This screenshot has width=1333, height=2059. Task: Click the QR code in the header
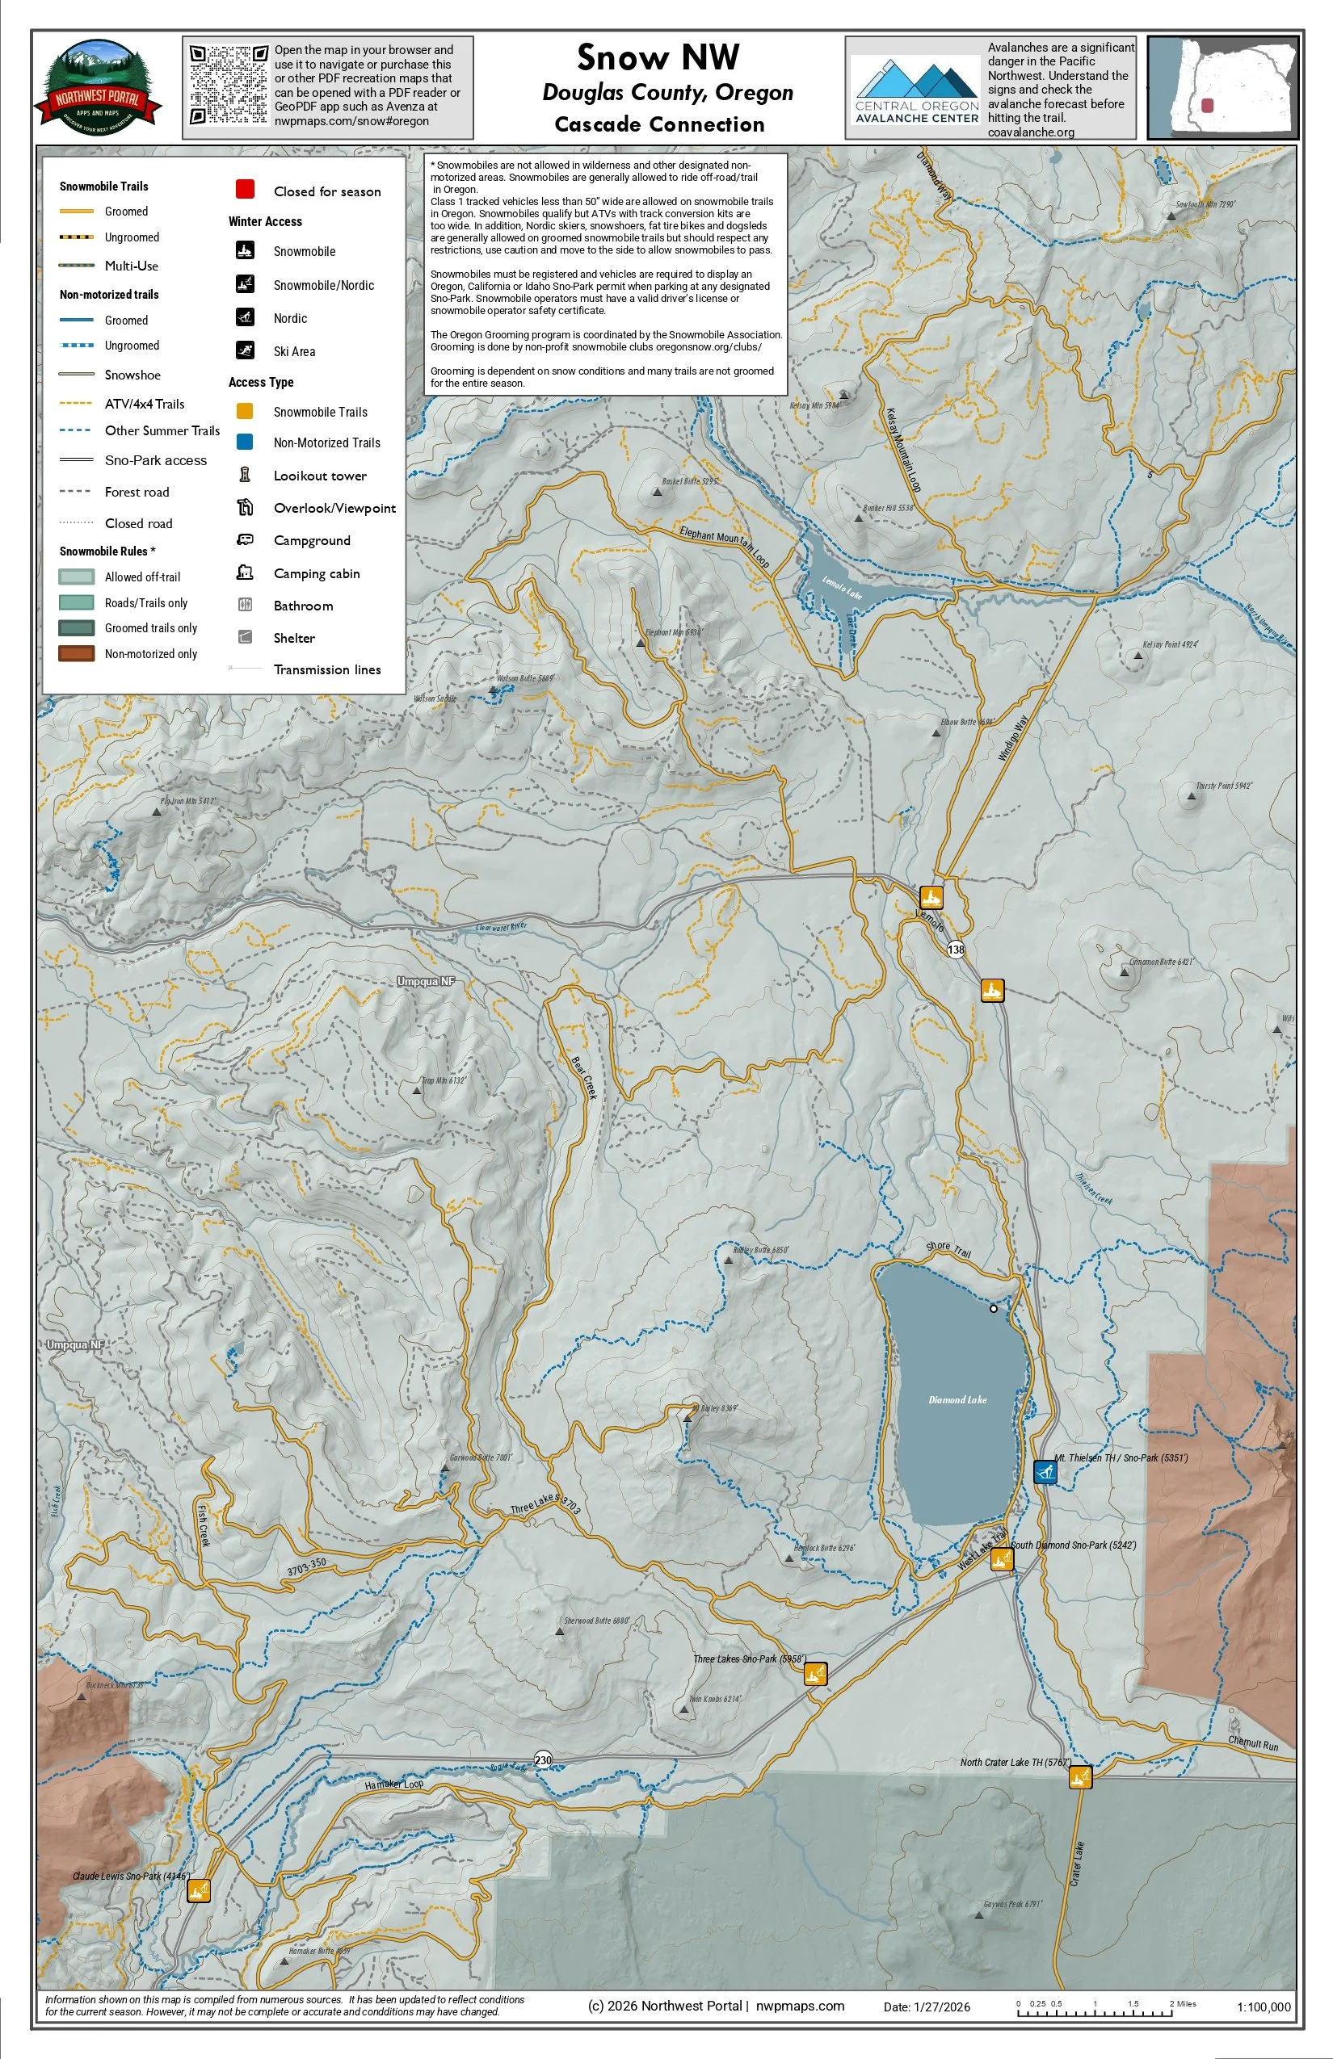tap(229, 85)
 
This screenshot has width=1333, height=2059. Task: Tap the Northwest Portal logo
tap(98, 87)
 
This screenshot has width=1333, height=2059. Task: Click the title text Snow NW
tap(658, 58)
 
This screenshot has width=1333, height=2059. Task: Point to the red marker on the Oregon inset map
tap(1208, 106)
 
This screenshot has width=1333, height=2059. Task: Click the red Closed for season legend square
tap(245, 190)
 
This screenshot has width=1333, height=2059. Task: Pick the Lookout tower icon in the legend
tap(245, 475)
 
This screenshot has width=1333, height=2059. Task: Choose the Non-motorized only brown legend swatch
tap(76, 653)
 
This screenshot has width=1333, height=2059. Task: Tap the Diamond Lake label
tap(957, 1399)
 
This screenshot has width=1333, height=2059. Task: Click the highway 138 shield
tap(956, 949)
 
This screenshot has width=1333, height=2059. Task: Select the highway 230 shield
tap(543, 1759)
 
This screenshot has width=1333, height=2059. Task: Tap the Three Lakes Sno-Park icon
tap(815, 1673)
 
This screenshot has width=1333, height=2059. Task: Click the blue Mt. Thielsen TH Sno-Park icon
tap(1045, 1470)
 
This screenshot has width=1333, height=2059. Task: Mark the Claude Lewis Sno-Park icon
tap(198, 1889)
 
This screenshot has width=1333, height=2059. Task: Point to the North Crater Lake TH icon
tap(1080, 1777)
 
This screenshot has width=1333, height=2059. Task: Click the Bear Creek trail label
tap(583, 1078)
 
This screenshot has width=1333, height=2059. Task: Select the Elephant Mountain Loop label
tap(725, 546)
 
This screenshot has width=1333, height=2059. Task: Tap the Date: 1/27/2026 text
tap(926, 2007)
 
